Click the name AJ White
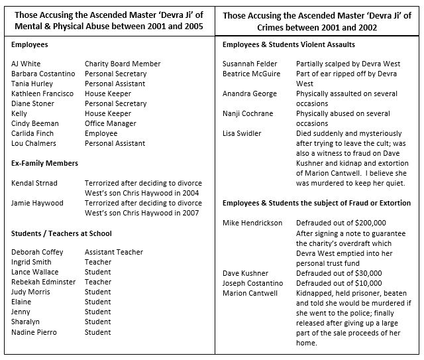[x=26, y=64]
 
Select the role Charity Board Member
[x=123, y=64]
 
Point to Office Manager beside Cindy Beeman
[x=111, y=123]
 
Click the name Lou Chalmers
[x=33, y=143]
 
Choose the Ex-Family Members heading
[x=45, y=163]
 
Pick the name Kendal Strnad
[x=34, y=183]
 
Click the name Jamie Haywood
[x=38, y=203]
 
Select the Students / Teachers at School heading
[x=62, y=233]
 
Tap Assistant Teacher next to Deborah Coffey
[x=114, y=252]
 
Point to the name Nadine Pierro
[x=34, y=331]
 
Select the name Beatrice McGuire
[x=252, y=74]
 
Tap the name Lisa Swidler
[x=242, y=133]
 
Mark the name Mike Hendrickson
[x=252, y=223]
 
